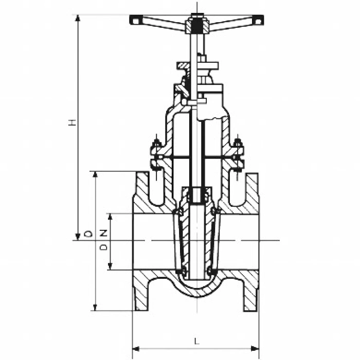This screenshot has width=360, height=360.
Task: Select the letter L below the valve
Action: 196,340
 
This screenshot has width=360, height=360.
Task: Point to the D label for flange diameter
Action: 88,234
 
